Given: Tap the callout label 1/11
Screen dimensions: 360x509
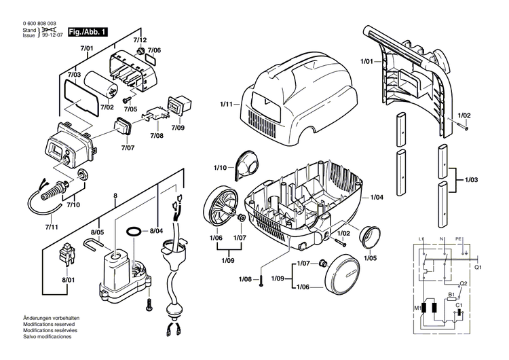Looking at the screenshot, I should pyautogui.click(x=227, y=104).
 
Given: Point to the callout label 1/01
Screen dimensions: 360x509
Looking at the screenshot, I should pyautogui.click(x=366, y=62).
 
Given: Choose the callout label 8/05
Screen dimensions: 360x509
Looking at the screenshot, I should pyautogui.click(x=98, y=232).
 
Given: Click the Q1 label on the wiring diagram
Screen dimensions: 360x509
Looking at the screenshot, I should pyautogui.click(x=478, y=267).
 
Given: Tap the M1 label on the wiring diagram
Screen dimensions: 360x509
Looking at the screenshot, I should pyautogui.click(x=417, y=307).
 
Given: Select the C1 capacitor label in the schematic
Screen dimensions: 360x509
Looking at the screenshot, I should pyautogui.click(x=459, y=306).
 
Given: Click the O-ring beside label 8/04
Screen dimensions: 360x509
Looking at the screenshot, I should pyautogui.click(x=135, y=232).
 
